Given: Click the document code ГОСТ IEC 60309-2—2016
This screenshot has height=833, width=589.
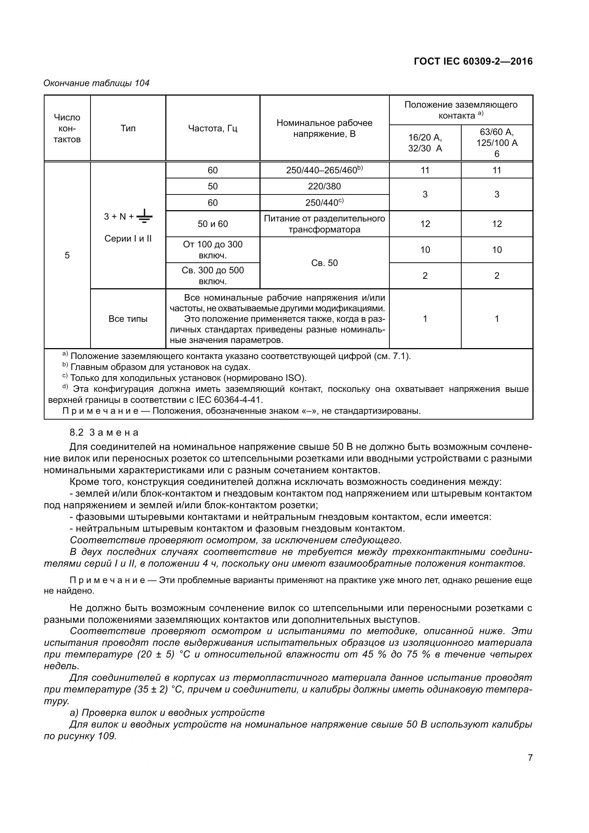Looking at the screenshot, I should tap(473, 61).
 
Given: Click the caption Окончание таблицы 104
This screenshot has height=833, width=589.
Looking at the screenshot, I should tap(96, 83).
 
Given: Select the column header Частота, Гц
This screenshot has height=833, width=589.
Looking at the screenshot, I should tap(212, 128).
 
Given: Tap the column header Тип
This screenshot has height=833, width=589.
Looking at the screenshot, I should tap(128, 128).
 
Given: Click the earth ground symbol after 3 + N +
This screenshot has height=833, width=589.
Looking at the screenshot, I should tap(145, 216).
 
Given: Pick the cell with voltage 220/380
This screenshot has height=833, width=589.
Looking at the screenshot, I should tap(324, 186).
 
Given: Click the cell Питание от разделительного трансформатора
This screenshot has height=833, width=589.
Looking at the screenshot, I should tap(324, 224).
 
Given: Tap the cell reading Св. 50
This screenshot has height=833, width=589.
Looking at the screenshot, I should tap(324, 263).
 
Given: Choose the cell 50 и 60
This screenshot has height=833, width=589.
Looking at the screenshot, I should tap(212, 224).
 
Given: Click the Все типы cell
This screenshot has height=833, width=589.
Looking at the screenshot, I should tap(128, 319).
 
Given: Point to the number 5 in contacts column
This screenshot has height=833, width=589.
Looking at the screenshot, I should tap(67, 255).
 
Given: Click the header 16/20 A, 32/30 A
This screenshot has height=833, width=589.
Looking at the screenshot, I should tap(425, 143).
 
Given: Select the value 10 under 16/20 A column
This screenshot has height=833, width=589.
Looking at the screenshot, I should tap(425, 250).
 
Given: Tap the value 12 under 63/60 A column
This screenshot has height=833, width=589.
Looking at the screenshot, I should tap(497, 224).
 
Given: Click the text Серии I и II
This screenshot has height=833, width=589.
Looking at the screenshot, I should tap(128, 239).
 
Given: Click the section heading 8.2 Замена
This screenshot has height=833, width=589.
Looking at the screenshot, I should tap(104, 432).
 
